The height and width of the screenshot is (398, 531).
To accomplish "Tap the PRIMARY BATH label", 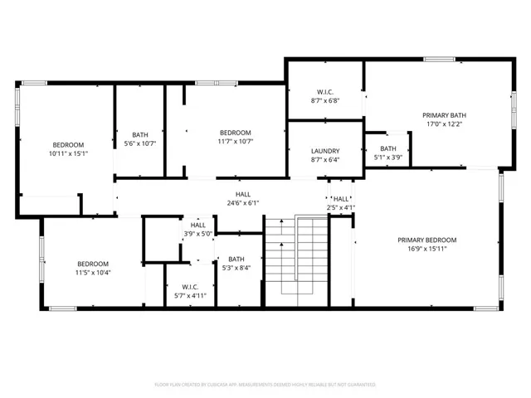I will [444, 115].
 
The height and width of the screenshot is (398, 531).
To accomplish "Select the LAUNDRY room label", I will [325, 151].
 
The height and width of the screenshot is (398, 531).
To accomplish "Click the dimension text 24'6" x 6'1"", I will [243, 202].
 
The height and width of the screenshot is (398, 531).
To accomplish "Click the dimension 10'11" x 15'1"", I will [69, 153].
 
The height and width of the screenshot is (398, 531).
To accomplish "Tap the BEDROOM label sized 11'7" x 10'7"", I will [236, 133].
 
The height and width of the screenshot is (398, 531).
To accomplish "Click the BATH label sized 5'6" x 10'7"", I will [139, 134].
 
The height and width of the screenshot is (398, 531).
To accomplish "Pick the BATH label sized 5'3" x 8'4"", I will [236, 259].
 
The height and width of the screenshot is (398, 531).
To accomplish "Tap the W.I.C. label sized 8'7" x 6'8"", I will [325, 92].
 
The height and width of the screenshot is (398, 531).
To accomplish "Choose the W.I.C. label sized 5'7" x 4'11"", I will [189, 287].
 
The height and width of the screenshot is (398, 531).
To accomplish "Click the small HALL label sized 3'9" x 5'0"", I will [198, 225].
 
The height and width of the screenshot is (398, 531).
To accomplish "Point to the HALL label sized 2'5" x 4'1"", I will [341, 199].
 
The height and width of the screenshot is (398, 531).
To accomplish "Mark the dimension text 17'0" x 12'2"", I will [444, 124].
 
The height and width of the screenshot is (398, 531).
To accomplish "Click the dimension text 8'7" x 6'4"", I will [325, 160].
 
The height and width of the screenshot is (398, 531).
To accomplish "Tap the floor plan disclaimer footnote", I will [265, 385].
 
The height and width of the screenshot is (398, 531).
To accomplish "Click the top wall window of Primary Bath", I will [439, 59].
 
